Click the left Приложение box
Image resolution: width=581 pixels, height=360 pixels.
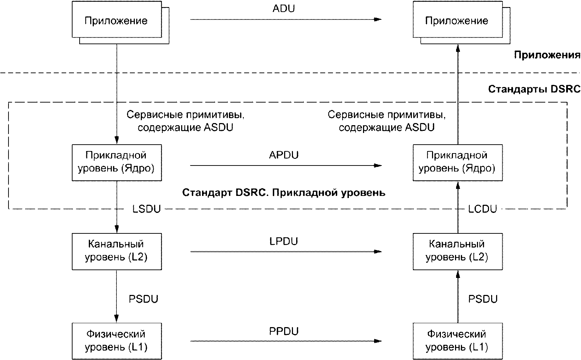[x=117, y=19]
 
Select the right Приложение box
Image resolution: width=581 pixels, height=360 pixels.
[x=458, y=19]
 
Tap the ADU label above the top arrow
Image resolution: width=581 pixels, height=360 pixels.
[x=284, y=8]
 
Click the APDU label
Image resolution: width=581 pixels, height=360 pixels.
[x=284, y=155]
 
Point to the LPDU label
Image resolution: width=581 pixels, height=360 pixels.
[x=284, y=241]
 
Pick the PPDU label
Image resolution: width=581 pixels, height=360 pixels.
[x=284, y=331]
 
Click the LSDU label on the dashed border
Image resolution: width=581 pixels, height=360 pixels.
[x=146, y=209]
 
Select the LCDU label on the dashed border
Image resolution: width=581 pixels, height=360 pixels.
[x=482, y=209]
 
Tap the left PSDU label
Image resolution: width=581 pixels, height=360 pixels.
[x=143, y=299]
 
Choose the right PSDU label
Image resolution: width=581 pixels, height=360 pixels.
[x=483, y=299]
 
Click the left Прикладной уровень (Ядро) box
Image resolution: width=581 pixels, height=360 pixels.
[x=117, y=163]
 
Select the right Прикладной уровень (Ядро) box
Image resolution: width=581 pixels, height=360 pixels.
[x=458, y=163]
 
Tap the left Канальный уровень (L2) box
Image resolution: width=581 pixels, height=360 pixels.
[x=117, y=251]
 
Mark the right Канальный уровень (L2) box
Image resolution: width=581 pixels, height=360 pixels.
[x=458, y=251]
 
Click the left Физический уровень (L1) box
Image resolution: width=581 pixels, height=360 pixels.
[x=117, y=341]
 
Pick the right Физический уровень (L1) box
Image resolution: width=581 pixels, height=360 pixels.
[x=458, y=341]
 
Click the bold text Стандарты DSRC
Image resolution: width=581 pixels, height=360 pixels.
[x=534, y=89]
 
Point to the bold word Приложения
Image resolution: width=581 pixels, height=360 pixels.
[x=547, y=55]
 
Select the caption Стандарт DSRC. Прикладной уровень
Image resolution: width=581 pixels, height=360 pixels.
[x=284, y=193]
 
